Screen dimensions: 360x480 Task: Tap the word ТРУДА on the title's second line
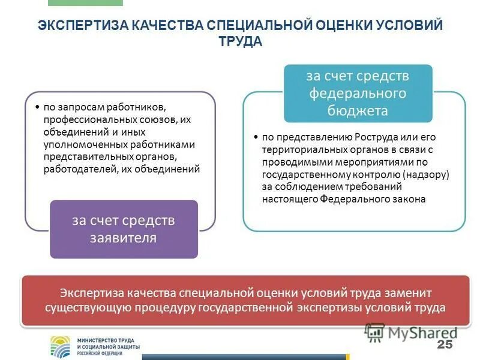[x=240, y=42]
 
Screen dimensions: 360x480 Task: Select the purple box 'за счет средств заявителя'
[x=124, y=229]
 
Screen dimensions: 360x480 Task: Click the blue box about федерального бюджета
[x=358, y=93]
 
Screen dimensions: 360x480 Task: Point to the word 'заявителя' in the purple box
[x=124, y=238]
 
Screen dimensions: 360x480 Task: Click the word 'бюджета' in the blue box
[x=358, y=111]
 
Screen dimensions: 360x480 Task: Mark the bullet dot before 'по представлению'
[x=256, y=136]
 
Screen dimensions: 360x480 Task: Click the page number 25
[x=444, y=344]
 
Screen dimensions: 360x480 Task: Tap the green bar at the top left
[x=85, y=2]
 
